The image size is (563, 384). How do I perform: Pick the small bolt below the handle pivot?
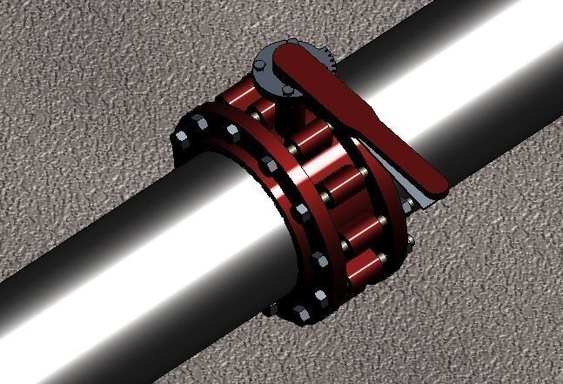(x=288, y=90)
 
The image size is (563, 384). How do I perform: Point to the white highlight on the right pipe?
(x=470, y=96)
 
